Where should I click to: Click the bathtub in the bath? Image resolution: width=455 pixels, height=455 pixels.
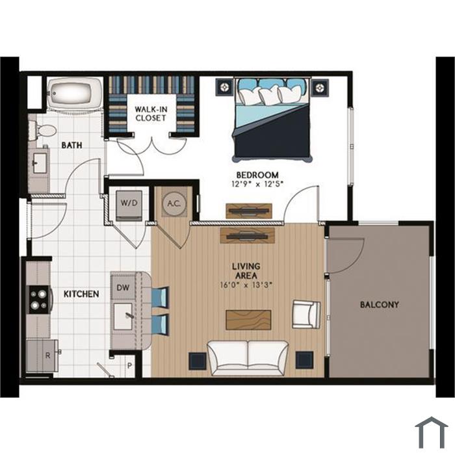pyautogui.click(x=75, y=94)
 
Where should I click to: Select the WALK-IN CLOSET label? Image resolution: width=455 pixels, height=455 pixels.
pyautogui.click(x=151, y=114)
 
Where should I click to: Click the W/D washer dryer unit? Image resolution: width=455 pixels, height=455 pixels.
pyautogui.click(x=129, y=205)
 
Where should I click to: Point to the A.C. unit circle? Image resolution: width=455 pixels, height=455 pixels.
pyautogui.click(x=174, y=203)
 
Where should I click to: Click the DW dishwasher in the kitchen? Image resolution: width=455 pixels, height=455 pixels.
pyautogui.click(x=123, y=287)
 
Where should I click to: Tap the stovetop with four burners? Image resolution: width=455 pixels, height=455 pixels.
pyautogui.click(x=39, y=300)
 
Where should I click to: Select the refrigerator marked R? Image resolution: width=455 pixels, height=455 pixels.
pyautogui.click(x=42, y=356)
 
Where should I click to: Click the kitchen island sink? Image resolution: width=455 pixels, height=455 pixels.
pyautogui.click(x=123, y=317)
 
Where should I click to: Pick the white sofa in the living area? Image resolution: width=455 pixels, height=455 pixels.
pyautogui.click(x=248, y=357)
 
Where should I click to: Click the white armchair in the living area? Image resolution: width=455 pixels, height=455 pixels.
pyautogui.click(x=306, y=314)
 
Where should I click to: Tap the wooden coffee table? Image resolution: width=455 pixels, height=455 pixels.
pyautogui.click(x=248, y=320)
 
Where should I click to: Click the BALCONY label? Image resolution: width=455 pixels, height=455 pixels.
pyautogui.click(x=379, y=305)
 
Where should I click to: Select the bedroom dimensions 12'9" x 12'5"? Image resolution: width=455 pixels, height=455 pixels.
pyautogui.click(x=257, y=184)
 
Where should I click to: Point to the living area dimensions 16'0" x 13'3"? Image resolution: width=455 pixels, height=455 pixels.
pyautogui.click(x=246, y=285)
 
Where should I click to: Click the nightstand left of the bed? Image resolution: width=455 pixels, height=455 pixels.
pyautogui.click(x=225, y=86)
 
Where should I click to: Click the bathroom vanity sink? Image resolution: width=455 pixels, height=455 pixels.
pyautogui.click(x=40, y=163)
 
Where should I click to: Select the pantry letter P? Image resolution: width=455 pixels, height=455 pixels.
pyautogui.click(x=130, y=365)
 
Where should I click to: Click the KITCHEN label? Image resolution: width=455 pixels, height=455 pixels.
pyautogui.click(x=81, y=294)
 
